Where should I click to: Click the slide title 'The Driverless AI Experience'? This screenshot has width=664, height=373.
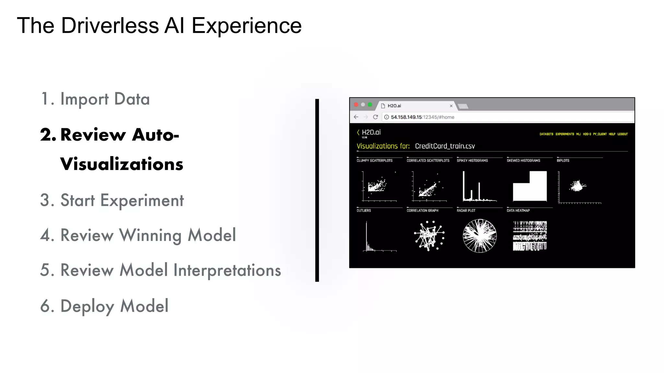159,26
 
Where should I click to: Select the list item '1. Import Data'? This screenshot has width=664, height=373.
95,99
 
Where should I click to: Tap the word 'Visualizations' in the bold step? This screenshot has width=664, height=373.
122,164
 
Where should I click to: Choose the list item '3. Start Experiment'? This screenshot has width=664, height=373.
112,200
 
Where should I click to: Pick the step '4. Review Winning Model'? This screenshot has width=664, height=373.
138,235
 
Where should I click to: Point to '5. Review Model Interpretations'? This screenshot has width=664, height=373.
160,270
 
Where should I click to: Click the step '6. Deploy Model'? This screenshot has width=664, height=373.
104,306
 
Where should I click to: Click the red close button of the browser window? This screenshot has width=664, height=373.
356,105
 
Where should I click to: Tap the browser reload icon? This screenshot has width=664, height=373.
375,117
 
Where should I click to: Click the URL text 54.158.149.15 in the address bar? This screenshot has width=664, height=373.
406,117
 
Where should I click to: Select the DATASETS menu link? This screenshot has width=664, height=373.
546,134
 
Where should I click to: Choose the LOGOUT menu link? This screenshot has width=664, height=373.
622,134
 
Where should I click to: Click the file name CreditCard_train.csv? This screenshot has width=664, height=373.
445,146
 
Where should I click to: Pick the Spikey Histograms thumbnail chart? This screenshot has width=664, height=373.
479,186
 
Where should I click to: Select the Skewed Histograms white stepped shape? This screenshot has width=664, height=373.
530,187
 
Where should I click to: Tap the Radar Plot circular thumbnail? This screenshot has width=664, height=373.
480,236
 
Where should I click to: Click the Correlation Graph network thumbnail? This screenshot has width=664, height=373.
429,236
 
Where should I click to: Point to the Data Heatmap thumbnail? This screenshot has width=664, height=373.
530,236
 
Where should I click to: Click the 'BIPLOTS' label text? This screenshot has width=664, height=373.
563,161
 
